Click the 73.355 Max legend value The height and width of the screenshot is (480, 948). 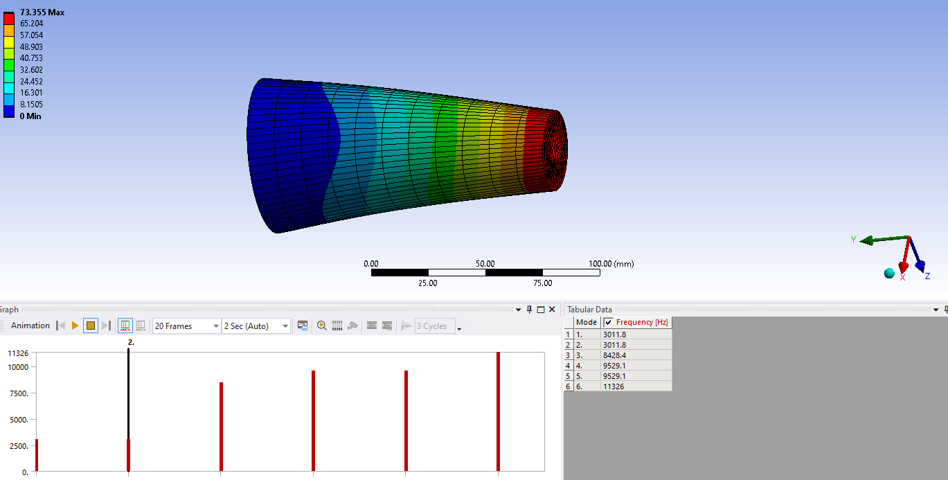(x=42, y=12)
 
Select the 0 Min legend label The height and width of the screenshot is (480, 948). (x=30, y=116)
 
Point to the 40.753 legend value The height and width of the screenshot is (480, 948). (x=31, y=58)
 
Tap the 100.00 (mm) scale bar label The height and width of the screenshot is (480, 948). (x=611, y=264)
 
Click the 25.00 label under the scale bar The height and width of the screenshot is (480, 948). (x=428, y=283)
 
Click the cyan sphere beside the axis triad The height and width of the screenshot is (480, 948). (x=889, y=273)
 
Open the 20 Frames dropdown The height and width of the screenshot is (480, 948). (x=186, y=326)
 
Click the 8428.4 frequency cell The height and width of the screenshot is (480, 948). (x=615, y=355)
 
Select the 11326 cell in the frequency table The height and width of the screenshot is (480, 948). (x=614, y=386)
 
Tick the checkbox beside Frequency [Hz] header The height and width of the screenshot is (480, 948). (x=609, y=323)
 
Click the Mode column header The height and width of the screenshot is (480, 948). (x=587, y=323)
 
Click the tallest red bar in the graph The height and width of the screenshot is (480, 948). (x=499, y=411)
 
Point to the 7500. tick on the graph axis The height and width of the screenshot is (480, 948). (x=18, y=393)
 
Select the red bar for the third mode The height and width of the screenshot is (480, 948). (x=221, y=426)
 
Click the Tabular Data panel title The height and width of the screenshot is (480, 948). (x=589, y=310)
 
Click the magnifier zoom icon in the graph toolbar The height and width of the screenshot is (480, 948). (x=322, y=326)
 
